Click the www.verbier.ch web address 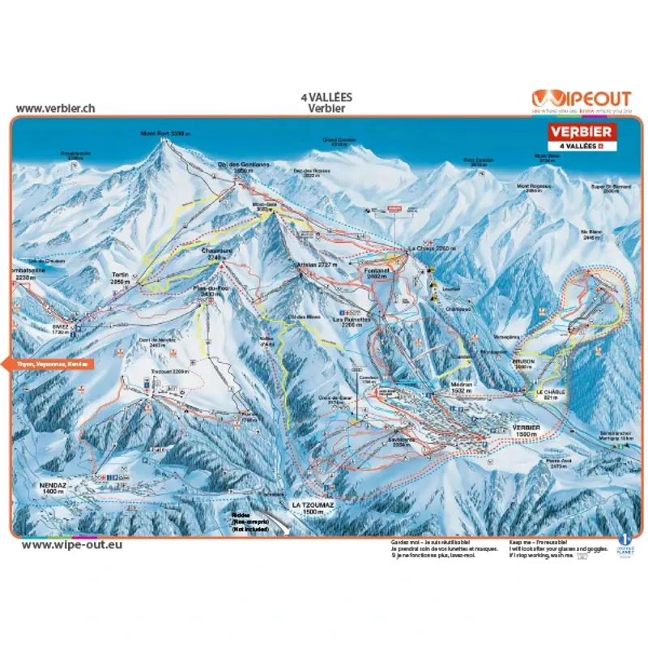pos(56,108)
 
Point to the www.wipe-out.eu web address pos(73,544)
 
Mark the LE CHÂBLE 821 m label pos(548,394)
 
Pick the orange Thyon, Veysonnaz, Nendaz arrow pos(49,364)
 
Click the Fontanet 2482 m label pos(378,274)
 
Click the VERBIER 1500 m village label pos(525,430)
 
